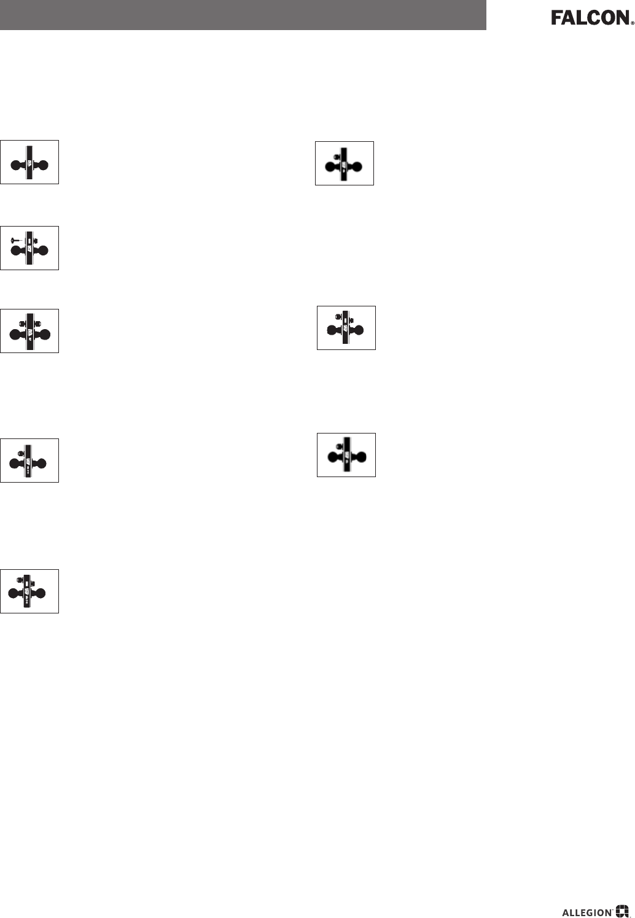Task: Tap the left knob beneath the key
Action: pos(15,251)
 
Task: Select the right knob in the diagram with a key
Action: pos(43,251)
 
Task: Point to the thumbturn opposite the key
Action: pos(36,240)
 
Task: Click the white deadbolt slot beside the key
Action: pos(28,241)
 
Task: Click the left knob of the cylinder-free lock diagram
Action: pos(17,165)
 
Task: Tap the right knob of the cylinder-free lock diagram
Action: pos(43,165)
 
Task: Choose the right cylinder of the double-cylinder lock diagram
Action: pos(36,323)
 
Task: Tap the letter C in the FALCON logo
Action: pos(593,18)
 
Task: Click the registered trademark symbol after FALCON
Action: pos(632,22)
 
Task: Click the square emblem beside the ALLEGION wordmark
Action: pos(623,912)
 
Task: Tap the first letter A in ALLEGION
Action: pos(566,912)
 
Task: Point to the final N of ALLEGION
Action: pos(607,912)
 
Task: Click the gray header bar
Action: pos(243,15)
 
